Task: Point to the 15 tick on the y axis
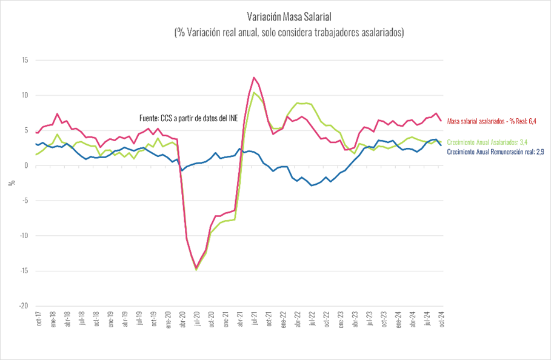coord(24,60)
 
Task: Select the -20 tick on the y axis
coord(23,306)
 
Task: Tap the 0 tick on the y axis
coord(26,165)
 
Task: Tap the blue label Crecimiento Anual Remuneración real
coord(498,152)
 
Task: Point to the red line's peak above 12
coord(254,78)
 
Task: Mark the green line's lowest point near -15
coord(196,270)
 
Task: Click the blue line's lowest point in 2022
coord(312,185)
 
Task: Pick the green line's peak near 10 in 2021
coord(254,93)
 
